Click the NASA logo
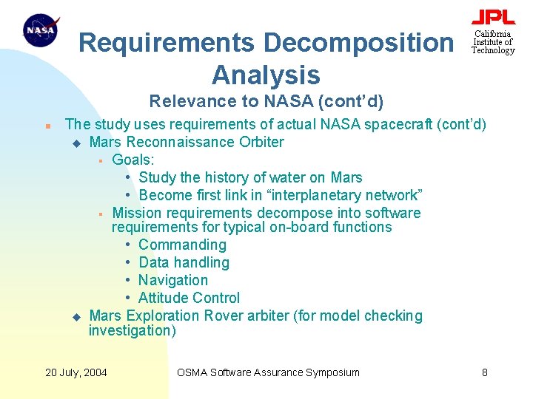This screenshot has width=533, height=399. pos(41,32)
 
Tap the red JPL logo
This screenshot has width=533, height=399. pos(493,18)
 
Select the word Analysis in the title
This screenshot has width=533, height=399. pos(265,75)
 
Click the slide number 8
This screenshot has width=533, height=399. pos(485,372)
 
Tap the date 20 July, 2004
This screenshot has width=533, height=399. pos(76,372)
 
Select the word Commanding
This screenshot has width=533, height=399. pos(182,245)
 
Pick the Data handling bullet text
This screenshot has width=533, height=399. pos(184,262)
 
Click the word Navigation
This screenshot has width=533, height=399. pos(173,280)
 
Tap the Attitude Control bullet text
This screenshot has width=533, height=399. pos(189,298)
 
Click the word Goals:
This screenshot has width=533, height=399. pos(133,160)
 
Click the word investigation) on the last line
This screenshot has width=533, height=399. pos(133,330)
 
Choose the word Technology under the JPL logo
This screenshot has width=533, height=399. pos(493,50)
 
